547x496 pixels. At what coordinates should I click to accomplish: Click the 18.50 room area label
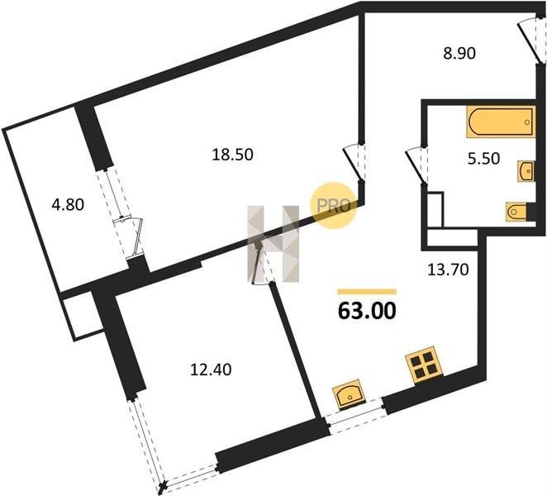(232, 155)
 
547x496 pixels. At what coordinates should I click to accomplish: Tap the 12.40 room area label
(211, 370)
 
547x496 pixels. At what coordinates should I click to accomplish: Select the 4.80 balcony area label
(68, 204)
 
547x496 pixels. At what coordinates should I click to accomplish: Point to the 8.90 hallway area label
(459, 54)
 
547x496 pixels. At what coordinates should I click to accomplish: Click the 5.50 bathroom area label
(483, 159)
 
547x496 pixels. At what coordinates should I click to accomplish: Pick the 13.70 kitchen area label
(448, 269)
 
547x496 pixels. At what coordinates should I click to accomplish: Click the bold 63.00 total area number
(367, 311)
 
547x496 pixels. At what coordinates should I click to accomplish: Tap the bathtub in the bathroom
(501, 122)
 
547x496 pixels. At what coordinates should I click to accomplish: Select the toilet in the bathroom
(517, 212)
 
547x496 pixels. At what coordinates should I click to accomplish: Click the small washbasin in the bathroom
(526, 171)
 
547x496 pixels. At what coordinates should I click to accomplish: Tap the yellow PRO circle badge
(334, 206)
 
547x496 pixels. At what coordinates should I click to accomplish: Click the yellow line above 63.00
(367, 292)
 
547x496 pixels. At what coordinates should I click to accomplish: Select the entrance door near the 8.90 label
(528, 40)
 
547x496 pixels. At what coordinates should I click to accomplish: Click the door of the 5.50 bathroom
(416, 165)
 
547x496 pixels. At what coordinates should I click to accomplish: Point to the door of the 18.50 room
(353, 164)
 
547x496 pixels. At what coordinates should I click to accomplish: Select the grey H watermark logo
(273, 244)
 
